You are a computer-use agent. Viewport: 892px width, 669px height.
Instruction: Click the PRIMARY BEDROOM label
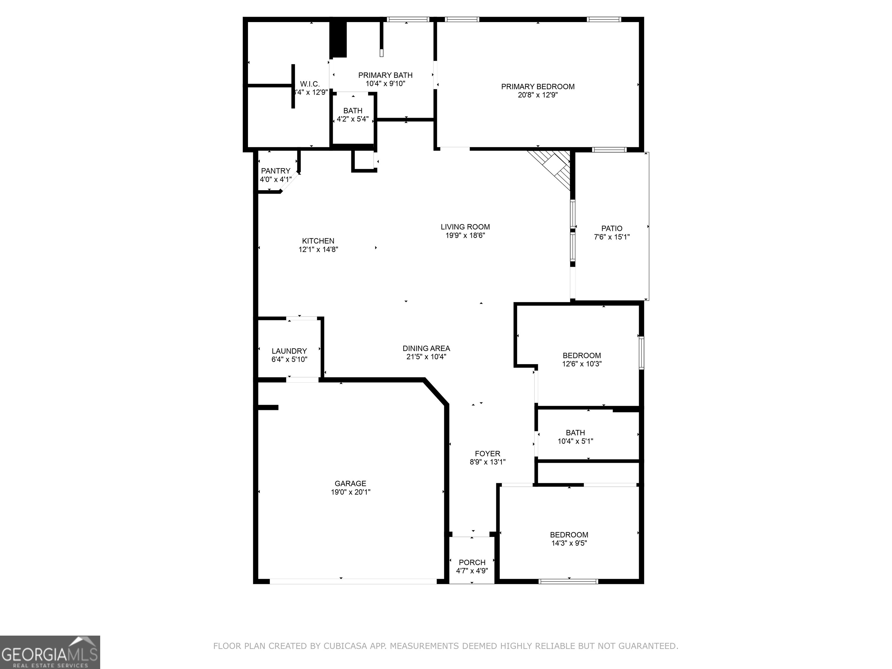(537, 86)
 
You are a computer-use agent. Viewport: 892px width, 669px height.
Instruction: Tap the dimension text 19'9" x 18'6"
(465, 235)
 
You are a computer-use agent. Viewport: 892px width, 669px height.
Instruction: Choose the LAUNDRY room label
(289, 351)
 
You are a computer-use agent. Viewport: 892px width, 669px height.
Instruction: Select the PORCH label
(472, 562)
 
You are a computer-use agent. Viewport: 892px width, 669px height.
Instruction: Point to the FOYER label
(487, 453)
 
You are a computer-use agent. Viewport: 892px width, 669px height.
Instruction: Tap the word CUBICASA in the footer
(345, 646)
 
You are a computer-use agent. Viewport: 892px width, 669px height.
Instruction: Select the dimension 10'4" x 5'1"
(575, 441)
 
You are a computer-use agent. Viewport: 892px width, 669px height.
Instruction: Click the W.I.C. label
(310, 84)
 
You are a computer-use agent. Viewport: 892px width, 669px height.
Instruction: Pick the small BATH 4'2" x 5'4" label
(353, 111)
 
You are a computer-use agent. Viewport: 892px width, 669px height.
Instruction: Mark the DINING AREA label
(426, 348)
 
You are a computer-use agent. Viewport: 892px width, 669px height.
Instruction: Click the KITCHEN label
(318, 241)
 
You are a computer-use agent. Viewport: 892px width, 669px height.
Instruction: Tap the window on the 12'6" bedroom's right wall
(641, 353)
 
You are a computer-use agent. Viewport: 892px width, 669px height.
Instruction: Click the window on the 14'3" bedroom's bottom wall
(568, 581)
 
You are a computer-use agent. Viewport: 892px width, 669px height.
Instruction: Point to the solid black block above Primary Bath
(338, 39)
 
